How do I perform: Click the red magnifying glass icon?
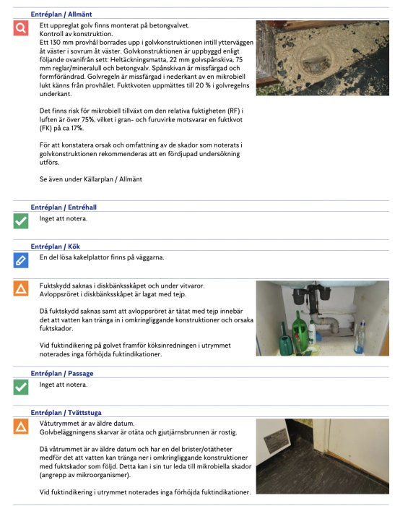(x=21, y=28)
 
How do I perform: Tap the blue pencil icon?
(x=21, y=260)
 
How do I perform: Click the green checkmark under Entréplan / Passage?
(x=21, y=387)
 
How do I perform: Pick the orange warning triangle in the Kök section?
(x=21, y=289)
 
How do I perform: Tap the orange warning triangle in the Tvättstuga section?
(x=21, y=426)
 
